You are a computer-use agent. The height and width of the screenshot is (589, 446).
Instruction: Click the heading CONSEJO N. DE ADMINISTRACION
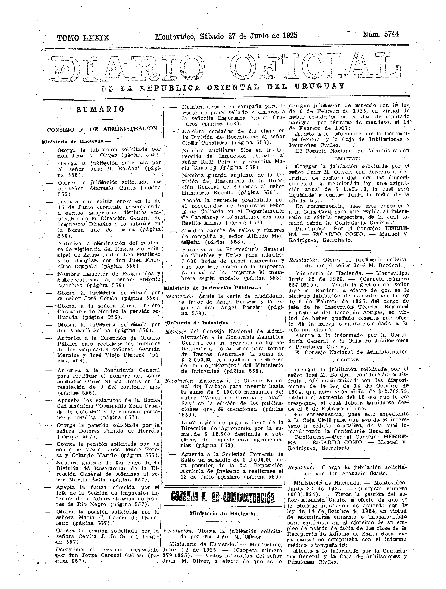point(102,129)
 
